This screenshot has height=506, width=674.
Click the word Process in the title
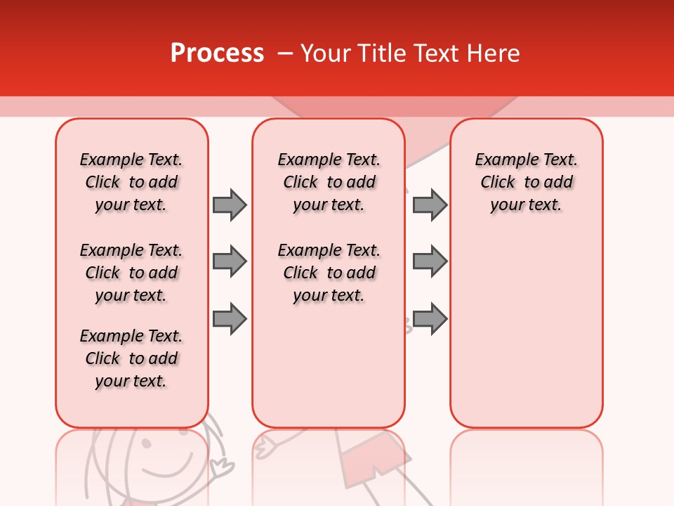pyautogui.click(x=217, y=53)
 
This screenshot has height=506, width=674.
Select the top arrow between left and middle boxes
pyautogui.click(x=230, y=205)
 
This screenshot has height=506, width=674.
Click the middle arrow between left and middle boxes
pyautogui.click(x=230, y=261)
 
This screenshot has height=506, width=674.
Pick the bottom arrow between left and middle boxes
pyautogui.click(x=230, y=318)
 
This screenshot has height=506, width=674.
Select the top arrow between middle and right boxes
pyautogui.click(x=430, y=205)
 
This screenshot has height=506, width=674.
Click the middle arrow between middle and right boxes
pyautogui.click(x=430, y=261)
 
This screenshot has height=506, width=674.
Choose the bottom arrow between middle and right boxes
pyautogui.click(x=430, y=318)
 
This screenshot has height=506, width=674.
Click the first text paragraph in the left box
pyautogui.click(x=131, y=182)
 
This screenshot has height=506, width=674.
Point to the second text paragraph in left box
pyautogui.click(x=131, y=273)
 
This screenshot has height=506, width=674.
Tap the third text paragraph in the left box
pyautogui.click(x=131, y=358)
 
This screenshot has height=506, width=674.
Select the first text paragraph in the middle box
pyautogui.click(x=329, y=182)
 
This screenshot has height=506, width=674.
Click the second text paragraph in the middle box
pyautogui.click(x=329, y=273)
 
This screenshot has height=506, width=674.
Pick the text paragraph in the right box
pyautogui.click(x=526, y=182)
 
